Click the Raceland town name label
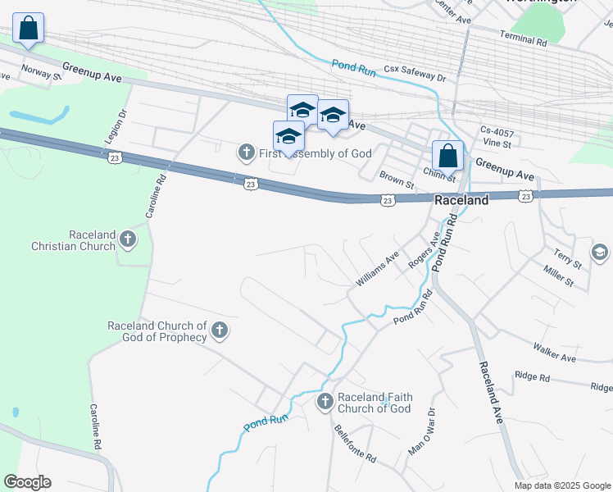tap(461, 200)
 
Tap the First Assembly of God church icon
tap(246, 153)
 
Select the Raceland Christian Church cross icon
tap(127, 239)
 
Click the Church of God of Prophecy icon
tap(219, 330)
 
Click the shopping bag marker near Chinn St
tap(448, 154)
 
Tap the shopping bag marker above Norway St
tap(29, 27)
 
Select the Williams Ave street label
tap(377, 268)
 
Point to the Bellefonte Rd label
tap(355, 444)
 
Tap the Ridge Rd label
tap(533, 376)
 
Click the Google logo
tap(27, 482)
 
